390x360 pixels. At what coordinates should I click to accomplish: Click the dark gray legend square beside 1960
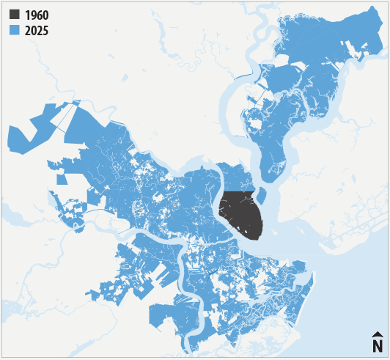(x=15, y=15)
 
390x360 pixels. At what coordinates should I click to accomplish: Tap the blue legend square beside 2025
(x=15, y=30)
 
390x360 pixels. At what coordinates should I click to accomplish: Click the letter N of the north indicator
(x=378, y=345)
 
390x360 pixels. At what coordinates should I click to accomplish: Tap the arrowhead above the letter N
(x=378, y=334)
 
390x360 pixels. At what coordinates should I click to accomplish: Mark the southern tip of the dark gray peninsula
(x=258, y=239)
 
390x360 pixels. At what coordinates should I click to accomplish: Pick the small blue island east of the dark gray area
(x=260, y=196)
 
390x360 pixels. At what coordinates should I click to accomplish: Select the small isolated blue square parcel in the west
(x=62, y=177)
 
